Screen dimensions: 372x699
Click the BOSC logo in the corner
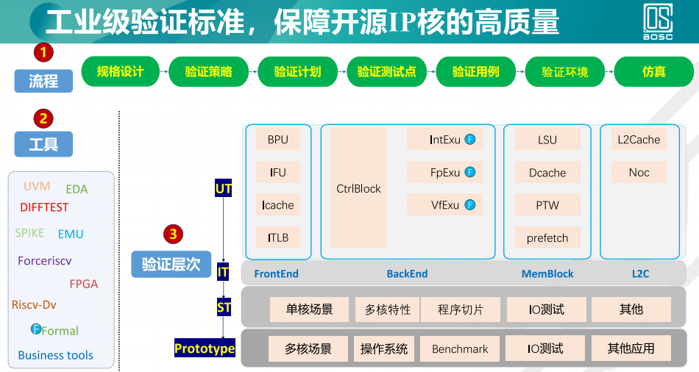point(659,22)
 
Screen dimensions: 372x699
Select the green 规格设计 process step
point(120,71)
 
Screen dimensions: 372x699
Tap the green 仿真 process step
point(653,71)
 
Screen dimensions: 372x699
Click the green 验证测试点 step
point(387,71)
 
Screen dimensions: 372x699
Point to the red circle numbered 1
point(43,52)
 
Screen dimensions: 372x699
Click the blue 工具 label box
point(43,145)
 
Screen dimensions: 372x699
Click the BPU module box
point(278,140)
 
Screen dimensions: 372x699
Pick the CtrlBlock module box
point(358,189)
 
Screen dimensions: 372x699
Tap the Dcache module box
point(547,173)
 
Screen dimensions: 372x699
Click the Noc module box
point(639,173)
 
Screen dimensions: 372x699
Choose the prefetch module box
point(547,238)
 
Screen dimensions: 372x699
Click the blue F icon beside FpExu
point(470,173)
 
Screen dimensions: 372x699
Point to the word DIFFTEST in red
point(44,207)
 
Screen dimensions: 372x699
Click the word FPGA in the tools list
point(83,284)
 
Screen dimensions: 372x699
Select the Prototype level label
point(205,348)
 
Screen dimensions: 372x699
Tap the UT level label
point(223,189)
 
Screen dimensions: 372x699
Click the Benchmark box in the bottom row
point(460,349)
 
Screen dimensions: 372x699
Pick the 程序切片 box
point(461,310)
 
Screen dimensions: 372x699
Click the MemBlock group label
point(547,274)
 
